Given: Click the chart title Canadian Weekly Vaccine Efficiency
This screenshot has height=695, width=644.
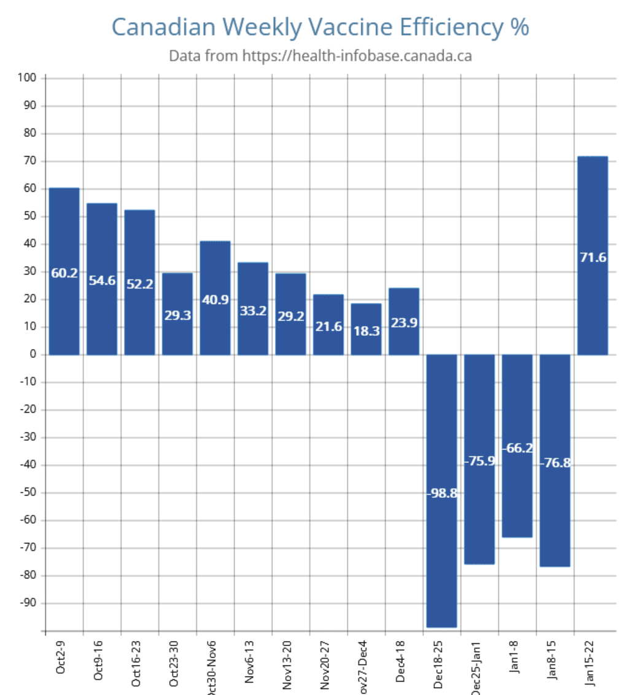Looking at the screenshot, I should (320, 27).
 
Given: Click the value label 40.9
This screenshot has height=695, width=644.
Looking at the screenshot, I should (215, 301).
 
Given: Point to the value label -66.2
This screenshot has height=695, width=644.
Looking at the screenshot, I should (517, 448).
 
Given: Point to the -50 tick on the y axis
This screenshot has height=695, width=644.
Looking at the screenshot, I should (28, 493).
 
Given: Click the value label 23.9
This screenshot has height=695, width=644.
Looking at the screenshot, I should (404, 322).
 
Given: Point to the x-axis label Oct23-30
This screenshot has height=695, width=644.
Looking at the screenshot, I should (174, 661).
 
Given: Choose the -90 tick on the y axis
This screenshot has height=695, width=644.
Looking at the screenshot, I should (28, 604).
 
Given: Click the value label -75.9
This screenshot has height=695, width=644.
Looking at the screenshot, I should (479, 460).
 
